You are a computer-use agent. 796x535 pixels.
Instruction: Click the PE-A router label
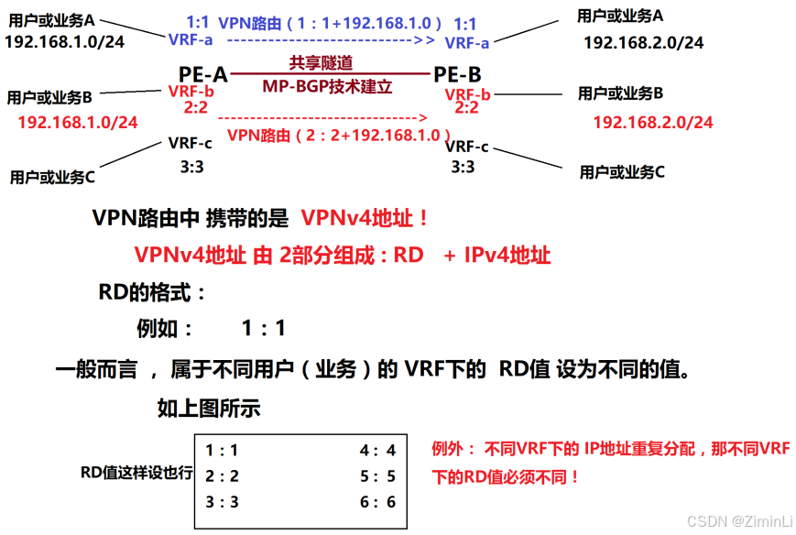(x=203, y=73)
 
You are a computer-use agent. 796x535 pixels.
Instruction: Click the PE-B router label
(x=458, y=73)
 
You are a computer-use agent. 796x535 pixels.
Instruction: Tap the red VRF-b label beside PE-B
(x=467, y=94)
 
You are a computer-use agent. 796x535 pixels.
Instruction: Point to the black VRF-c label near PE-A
(x=191, y=144)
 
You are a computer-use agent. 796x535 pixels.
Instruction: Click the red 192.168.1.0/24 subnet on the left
(x=78, y=122)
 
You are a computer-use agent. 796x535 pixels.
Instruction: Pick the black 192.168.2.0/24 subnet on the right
(x=643, y=43)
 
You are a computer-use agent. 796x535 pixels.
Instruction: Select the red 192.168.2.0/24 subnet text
(x=653, y=122)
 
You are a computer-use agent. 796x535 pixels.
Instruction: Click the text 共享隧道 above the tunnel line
(x=321, y=63)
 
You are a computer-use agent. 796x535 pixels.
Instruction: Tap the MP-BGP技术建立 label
(x=327, y=87)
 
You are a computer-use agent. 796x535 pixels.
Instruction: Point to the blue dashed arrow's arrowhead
(x=424, y=40)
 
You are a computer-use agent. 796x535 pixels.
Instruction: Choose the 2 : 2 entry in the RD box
(x=222, y=475)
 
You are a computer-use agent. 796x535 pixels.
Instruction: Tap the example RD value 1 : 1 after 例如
(x=264, y=328)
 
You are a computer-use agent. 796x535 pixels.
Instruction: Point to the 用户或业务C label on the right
(x=622, y=171)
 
